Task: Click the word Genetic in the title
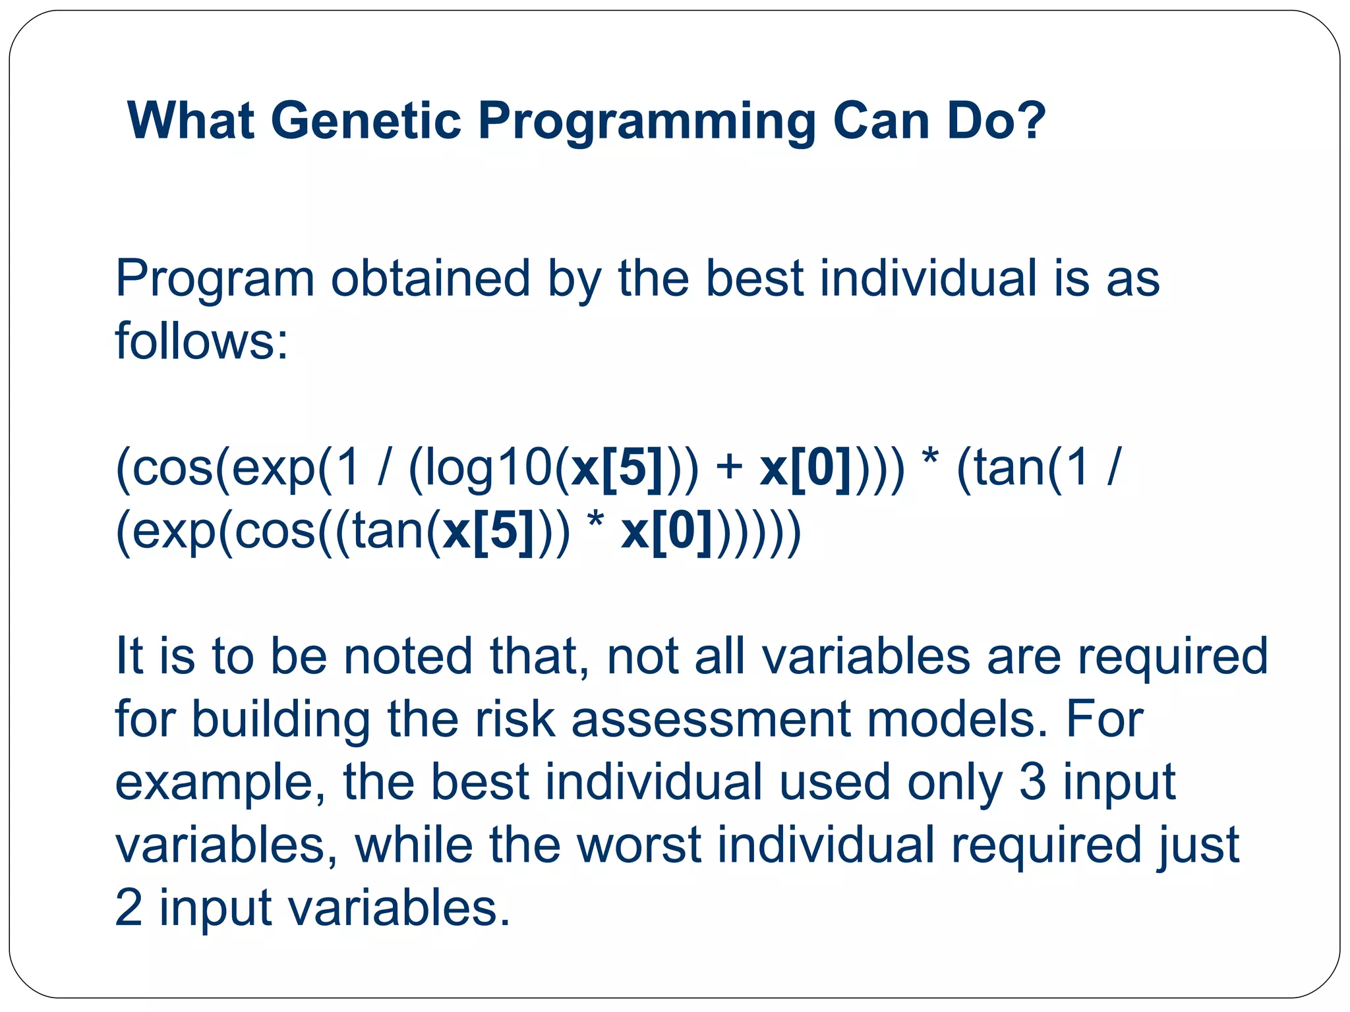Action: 366,121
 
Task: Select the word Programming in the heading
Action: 647,123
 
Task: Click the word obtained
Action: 430,278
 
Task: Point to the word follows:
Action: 202,341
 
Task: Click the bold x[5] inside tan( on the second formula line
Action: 488,531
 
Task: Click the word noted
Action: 408,656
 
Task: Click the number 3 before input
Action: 1032,782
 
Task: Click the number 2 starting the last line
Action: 129,908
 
